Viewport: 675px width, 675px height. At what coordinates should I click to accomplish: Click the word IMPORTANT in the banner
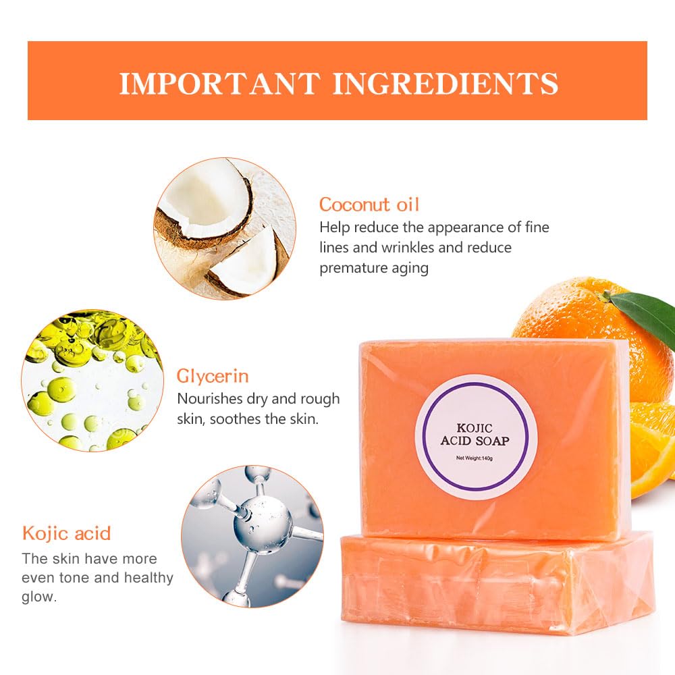coord(220,83)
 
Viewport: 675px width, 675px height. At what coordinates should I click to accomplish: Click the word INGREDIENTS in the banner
coord(446,83)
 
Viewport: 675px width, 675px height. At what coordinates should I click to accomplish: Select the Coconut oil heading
coord(369,205)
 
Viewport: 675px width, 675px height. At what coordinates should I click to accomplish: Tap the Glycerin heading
coord(213,377)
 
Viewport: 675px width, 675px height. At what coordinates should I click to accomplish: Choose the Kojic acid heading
coord(67,533)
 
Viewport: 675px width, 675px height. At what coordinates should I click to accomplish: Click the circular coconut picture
coord(225,228)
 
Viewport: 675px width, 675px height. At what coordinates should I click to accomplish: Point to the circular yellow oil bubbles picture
coord(92,380)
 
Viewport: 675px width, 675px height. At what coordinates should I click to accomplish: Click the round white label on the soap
coord(476,437)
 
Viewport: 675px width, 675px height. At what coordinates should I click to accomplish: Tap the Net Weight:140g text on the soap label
coord(475,458)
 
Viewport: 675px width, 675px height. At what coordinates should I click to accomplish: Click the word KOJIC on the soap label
coord(475,428)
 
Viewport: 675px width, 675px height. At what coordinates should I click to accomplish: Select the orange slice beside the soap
coord(653,448)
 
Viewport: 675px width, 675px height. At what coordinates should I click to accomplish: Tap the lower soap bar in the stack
coord(497,585)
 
